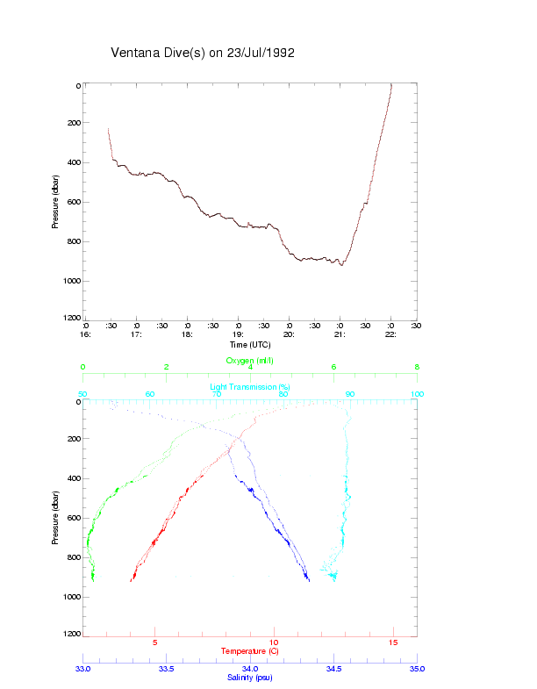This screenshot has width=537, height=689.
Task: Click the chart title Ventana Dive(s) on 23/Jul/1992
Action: [202, 53]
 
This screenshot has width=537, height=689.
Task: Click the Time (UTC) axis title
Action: [250, 345]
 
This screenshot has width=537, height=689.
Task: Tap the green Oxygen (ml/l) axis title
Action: [250, 360]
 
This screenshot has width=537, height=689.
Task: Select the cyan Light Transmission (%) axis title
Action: [250, 386]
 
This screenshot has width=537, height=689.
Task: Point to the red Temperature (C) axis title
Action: [250, 651]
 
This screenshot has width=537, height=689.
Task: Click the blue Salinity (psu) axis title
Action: [250, 678]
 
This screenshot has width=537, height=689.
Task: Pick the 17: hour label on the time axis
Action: [136, 334]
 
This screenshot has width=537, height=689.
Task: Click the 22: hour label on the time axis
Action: [390, 334]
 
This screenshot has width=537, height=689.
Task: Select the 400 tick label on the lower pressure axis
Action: [72, 478]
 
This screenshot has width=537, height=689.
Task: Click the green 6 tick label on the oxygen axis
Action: [333, 368]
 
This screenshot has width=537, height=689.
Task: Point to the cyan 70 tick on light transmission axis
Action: [216, 394]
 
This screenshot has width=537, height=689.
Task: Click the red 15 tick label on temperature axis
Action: [393, 643]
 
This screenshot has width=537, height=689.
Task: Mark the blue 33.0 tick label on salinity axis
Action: [83, 669]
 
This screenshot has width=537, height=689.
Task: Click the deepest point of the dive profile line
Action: [341, 265]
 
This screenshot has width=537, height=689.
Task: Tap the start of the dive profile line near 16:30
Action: [108, 129]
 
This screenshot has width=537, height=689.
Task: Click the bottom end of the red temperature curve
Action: [131, 581]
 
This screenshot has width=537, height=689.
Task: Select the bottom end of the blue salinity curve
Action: [309, 581]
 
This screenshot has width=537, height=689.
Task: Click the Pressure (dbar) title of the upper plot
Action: [55, 202]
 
